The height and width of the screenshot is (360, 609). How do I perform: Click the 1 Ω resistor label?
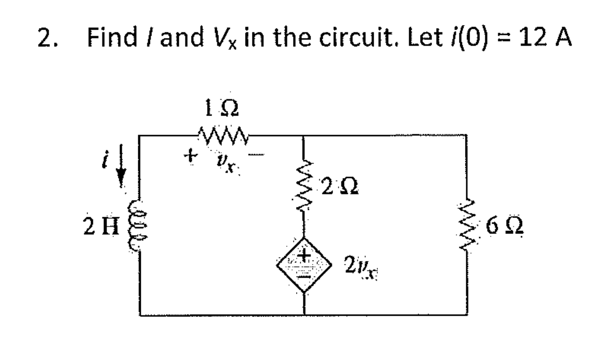(222, 109)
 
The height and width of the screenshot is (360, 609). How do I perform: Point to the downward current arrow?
(121, 166)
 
